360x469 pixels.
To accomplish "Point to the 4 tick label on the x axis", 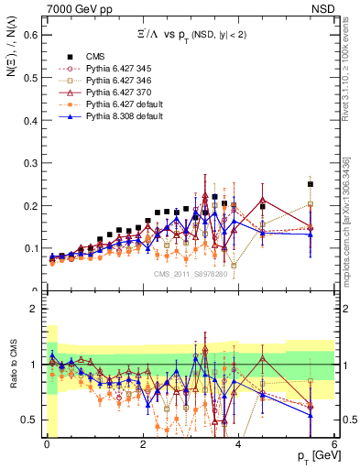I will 238,445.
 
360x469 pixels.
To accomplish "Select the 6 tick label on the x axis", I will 334,445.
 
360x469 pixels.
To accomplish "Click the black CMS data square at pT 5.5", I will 311,184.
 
